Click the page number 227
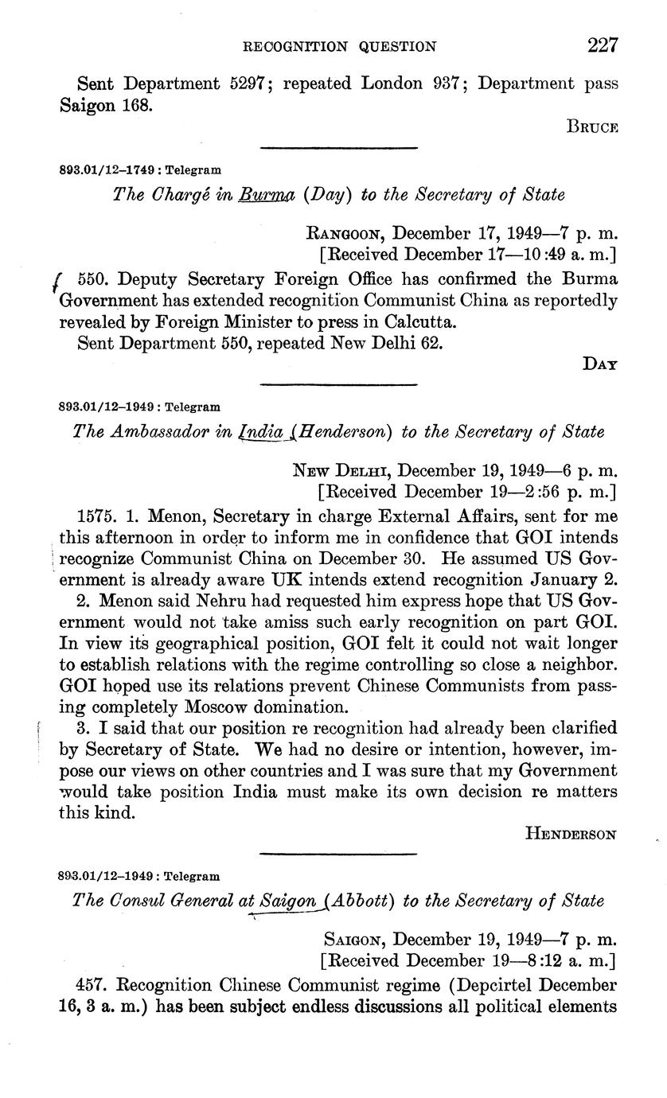coord(603,45)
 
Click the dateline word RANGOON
coord(346,235)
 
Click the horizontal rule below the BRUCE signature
coord(339,148)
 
